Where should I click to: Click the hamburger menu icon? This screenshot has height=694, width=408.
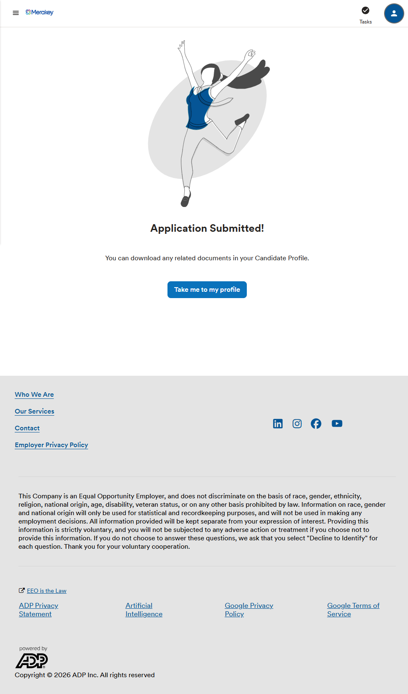[16, 13]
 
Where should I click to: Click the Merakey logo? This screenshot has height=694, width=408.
[39, 13]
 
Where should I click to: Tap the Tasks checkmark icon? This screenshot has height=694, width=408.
[366, 10]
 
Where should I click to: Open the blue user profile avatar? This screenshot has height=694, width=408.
[394, 13]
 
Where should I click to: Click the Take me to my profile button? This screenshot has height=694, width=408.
[207, 290]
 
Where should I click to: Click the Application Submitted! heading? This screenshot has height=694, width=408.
[207, 228]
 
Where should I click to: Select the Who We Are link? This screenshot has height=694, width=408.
[34, 395]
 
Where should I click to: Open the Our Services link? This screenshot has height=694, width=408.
[34, 411]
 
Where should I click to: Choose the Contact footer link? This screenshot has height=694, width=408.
[27, 428]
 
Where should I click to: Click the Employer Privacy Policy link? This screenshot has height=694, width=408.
[51, 445]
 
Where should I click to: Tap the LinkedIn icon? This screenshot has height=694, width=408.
[278, 424]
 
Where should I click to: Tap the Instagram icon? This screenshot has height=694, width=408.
[297, 424]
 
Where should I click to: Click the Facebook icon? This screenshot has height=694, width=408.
[316, 424]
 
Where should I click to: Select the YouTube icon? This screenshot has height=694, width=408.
[337, 424]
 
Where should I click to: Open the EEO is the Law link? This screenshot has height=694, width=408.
[47, 591]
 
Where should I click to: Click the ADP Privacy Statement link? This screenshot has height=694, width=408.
[38, 610]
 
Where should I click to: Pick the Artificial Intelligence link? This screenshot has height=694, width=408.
[144, 610]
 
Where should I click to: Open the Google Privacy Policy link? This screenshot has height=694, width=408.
[249, 610]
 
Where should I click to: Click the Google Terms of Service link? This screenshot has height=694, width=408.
[353, 610]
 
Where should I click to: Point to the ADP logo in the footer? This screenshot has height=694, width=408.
[32, 660]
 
